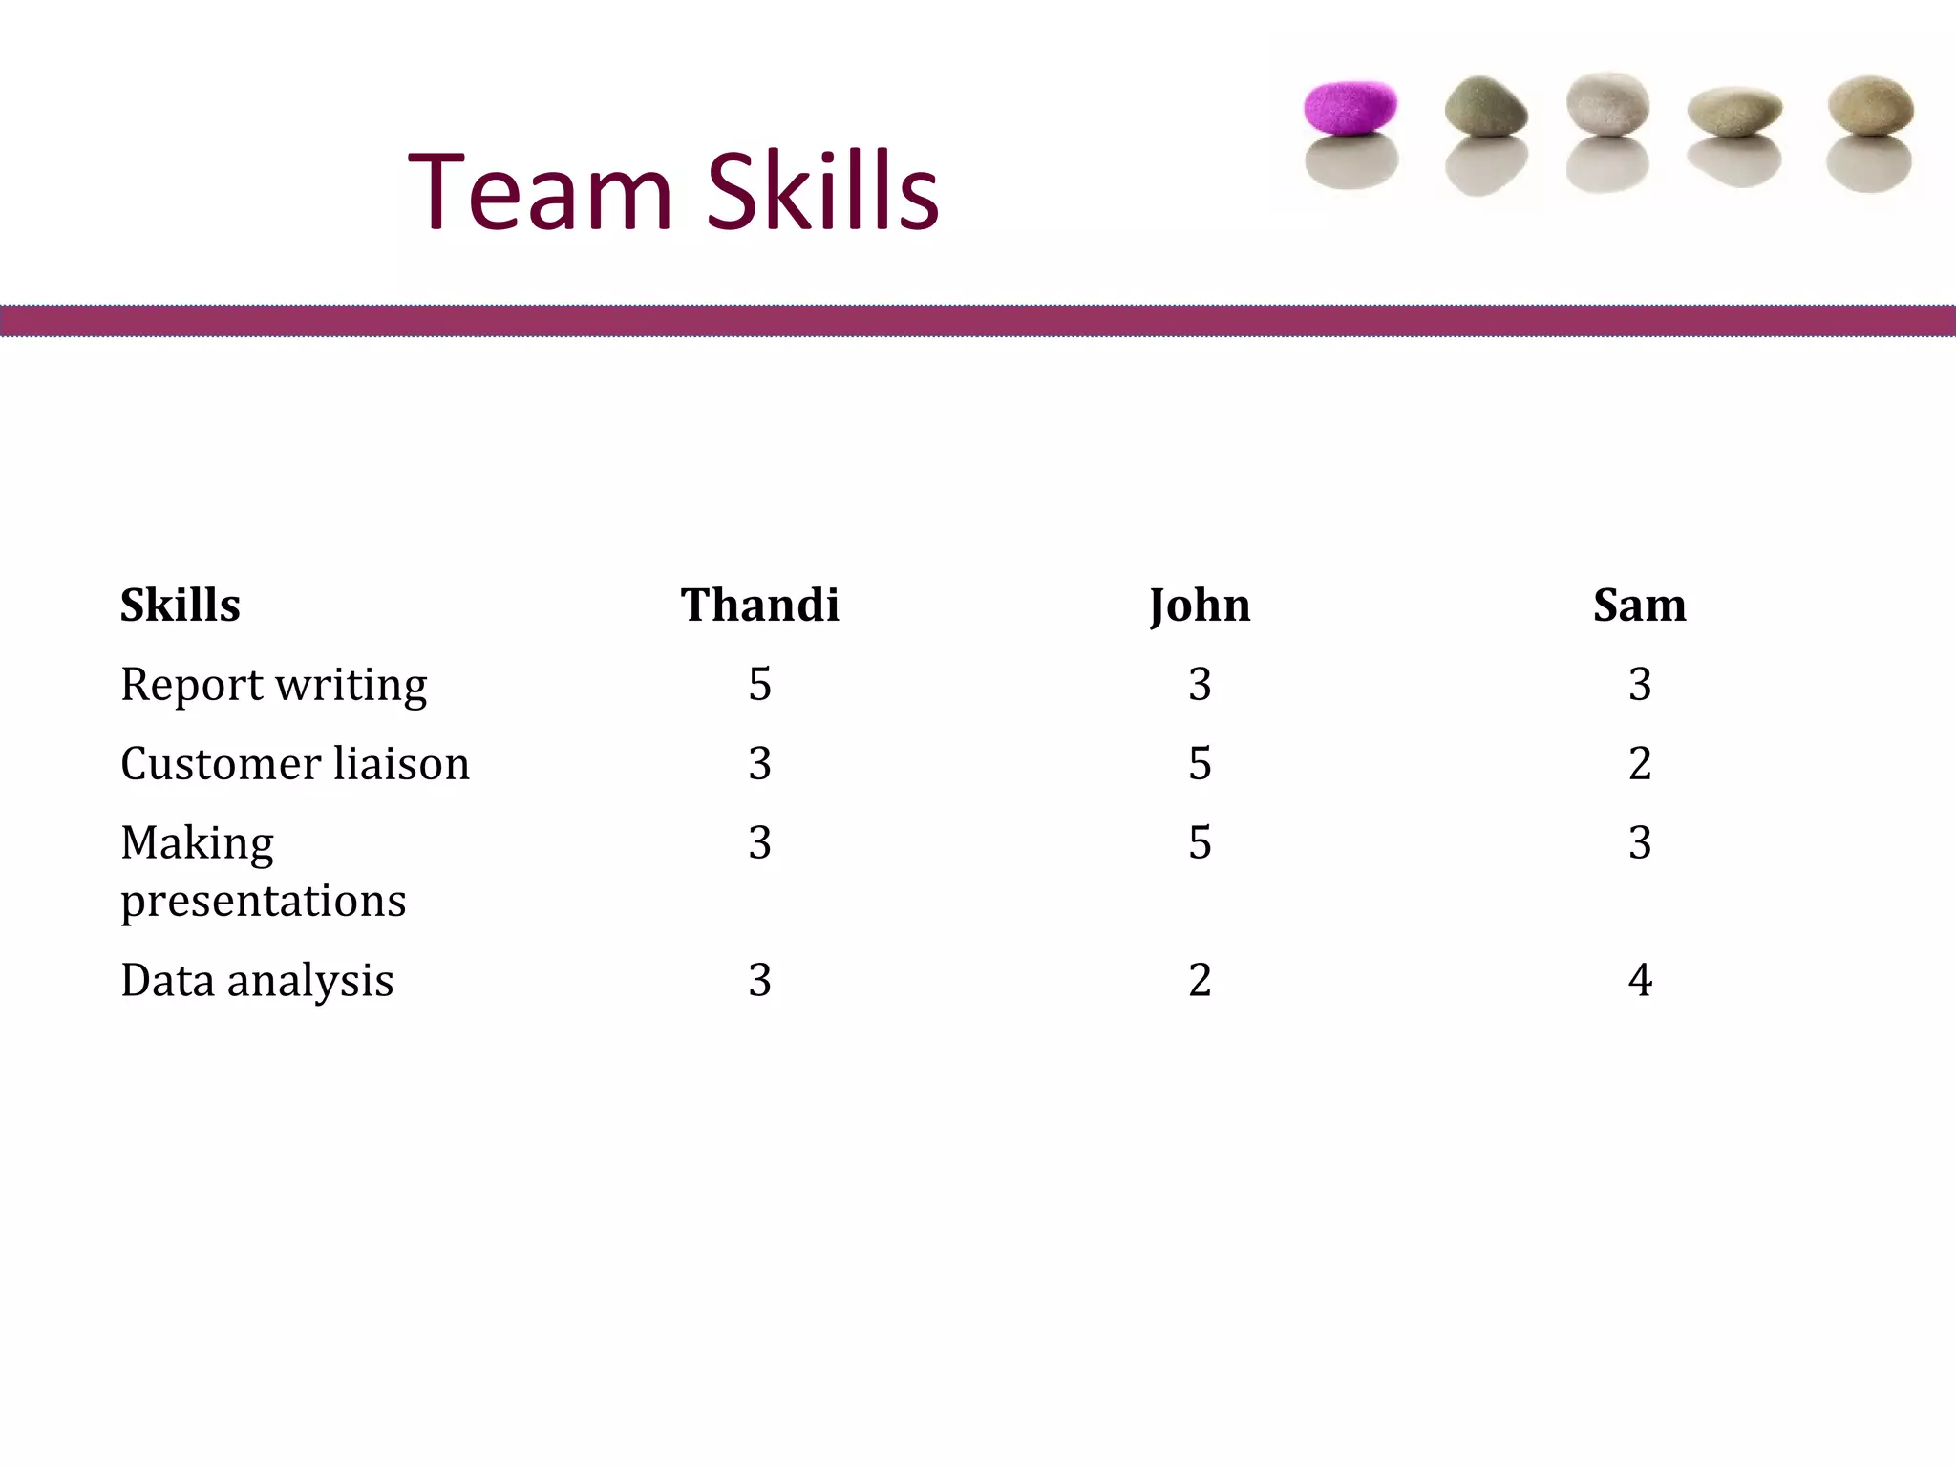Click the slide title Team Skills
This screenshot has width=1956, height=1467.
(x=673, y=192)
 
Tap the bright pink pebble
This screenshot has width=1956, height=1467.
(x=1350, y=106)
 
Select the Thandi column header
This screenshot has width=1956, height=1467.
(x=759, y=606)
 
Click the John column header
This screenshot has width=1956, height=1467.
(x=1200, y=606)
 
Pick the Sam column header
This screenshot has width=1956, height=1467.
(x=1639, y=606)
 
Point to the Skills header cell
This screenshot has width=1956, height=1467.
(x=180, y=606)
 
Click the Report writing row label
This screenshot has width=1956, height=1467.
(x=273, y=685)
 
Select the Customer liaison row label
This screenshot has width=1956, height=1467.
(x=294, y=764)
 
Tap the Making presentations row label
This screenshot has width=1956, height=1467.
(x=263, y=870)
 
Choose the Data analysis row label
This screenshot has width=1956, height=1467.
(x=257, y=980)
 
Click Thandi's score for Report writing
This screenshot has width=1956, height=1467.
(x=759, y=685)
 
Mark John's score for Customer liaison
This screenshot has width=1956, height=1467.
(x=1200, y=764)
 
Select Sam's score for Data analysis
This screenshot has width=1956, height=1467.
(x=1640, y=980)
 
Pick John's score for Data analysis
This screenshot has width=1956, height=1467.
(x=1200, y=980)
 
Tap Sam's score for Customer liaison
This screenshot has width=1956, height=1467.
(x=1640, y=764)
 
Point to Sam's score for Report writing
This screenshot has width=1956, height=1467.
(x=1640, y=685)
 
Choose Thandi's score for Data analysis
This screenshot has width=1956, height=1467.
(x=759, y=980)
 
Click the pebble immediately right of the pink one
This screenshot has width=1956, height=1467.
(x=1485, y=106)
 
